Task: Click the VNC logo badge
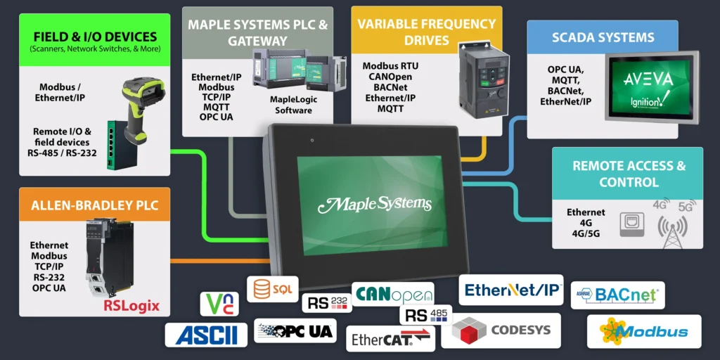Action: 219,304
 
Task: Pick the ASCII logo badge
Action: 206,335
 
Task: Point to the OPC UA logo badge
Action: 295,330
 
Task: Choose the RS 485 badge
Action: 426,314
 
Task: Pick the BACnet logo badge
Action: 617,295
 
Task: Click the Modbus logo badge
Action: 644,331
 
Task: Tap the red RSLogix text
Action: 131,306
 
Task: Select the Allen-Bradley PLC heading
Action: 94,206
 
